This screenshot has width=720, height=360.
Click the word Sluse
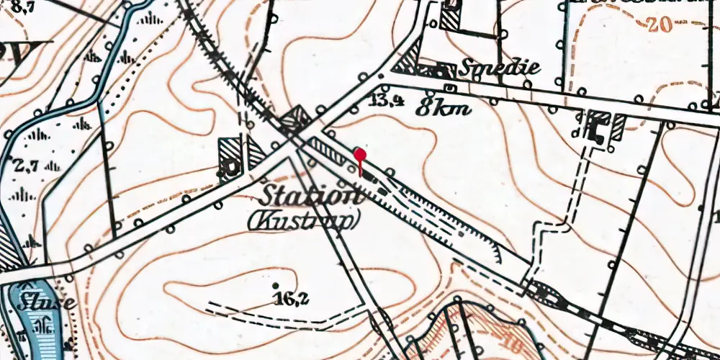pyautogui.click(x=47, y=302)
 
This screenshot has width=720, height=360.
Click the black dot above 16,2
pyautogui.click(x=275, y=274)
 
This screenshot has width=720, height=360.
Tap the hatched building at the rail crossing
pyautogui.click(x=294, y=119)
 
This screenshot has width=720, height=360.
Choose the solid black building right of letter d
pyautogui.click(x=597, y=130)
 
